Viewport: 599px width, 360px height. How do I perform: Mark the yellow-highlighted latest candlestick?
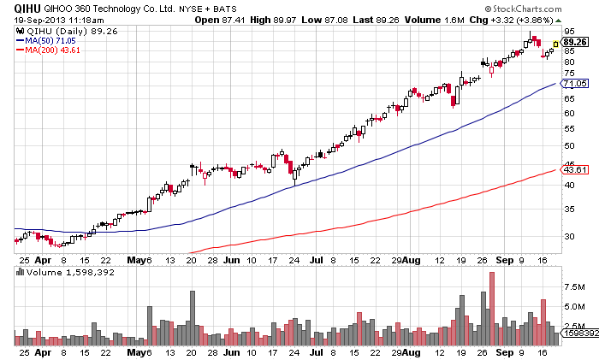[x=555, y=44]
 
